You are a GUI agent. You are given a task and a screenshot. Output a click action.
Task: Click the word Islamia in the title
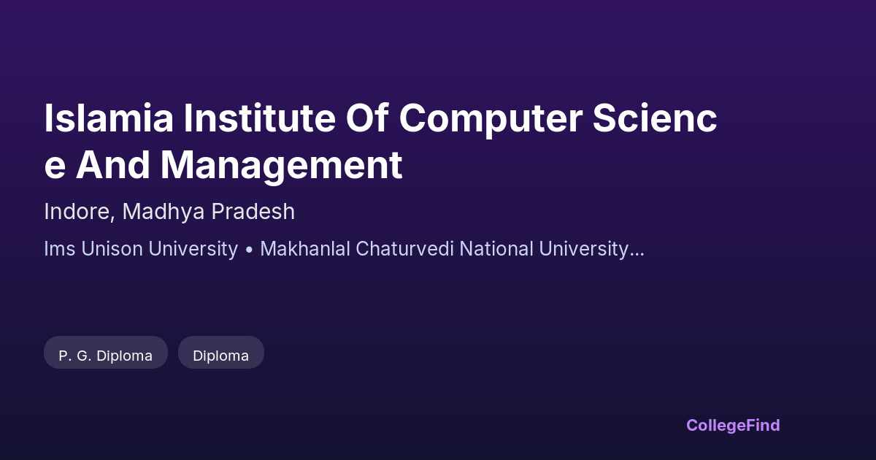109,118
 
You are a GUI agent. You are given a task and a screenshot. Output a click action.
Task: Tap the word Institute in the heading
260,118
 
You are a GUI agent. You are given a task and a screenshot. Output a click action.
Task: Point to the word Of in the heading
366,118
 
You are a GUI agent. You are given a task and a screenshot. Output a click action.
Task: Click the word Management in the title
282,166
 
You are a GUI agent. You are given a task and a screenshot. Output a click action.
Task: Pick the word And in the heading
112,165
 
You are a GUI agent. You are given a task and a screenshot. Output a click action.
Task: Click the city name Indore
77,211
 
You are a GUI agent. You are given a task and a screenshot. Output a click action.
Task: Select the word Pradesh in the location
253,211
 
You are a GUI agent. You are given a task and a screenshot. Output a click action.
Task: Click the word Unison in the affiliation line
112,249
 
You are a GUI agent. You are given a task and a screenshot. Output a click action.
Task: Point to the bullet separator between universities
249,250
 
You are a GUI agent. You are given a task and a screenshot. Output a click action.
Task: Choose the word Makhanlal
305,249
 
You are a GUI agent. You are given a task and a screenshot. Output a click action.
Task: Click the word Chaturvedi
404,249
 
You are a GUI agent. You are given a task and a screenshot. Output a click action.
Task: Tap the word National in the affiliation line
496,249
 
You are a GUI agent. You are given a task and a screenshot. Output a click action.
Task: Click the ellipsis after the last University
637,255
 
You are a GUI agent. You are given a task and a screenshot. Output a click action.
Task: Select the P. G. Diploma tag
106,353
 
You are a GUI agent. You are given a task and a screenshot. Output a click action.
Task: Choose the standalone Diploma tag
221,353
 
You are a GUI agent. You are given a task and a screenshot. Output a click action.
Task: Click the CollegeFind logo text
733,426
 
